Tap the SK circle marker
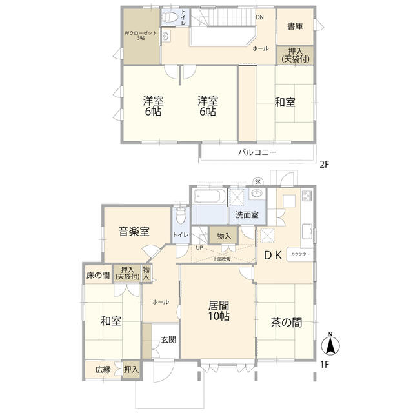click(258, 182)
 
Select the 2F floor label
click(325, 165)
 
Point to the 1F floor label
click(325, 365)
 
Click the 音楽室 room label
click(134, 232)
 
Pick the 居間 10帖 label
click(219, 311)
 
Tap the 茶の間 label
click(287, 323)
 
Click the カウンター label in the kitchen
click(301, 254)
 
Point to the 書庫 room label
click(295, 26)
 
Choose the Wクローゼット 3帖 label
click(141, 35)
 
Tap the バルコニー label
click(257, 152)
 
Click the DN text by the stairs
click(259, 17)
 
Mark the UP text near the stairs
click(199, 248)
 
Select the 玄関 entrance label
click(168, 340)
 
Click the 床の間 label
click(98, 276)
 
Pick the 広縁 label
click(103, 370)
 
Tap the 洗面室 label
click(247, 215)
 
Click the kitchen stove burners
click(307, 195)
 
